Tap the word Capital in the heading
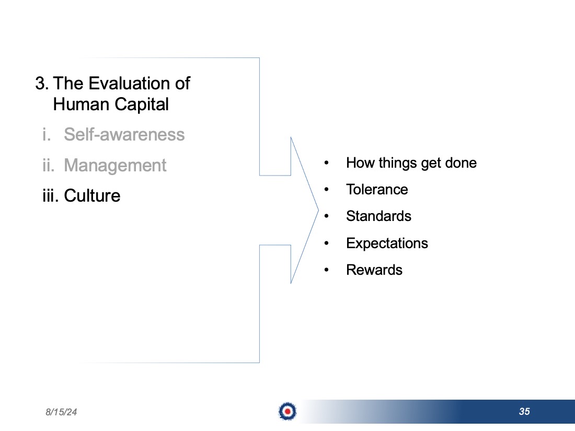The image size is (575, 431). click(x=142, y=104)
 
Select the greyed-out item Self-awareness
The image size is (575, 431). click(x=124, y=134)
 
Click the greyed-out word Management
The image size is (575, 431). click(x=115, y=165)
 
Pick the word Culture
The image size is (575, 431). click(x=92, y=196)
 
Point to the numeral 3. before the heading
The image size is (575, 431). click(x=42, y=83)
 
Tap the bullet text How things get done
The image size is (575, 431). click(x=411, y=163)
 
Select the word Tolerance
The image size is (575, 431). click(x=377, y=190)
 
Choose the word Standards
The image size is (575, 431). click(x=379, y=216)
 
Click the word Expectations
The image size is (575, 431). click(x=387, y=243)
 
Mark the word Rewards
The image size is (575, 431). click(x=374, y=270)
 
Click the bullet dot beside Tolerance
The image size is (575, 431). click(x=326, y=190)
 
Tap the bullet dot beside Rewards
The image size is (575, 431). click(x=326, y=270)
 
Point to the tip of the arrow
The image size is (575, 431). click(x=318, y=211)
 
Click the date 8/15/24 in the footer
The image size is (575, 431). click(x=61, y=412)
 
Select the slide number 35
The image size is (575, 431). click(x=524, y=412)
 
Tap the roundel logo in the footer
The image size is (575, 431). click(x=287, y=411)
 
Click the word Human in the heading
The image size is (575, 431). click(x=81, y=104)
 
